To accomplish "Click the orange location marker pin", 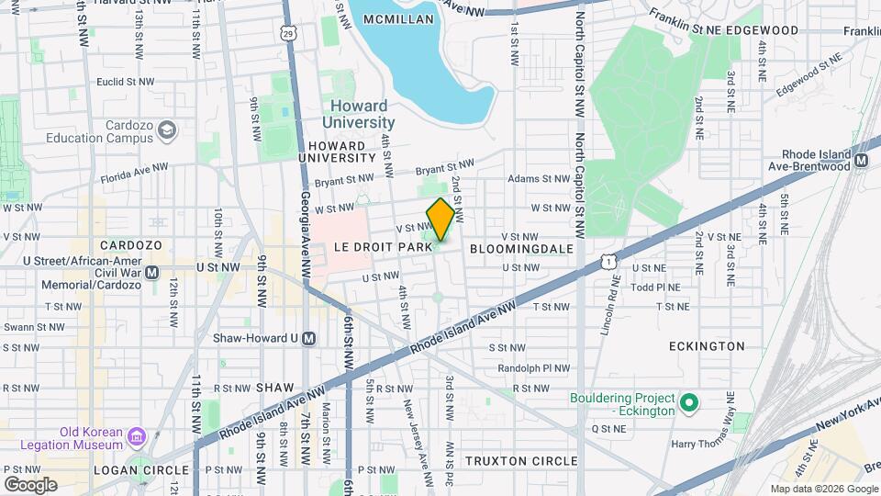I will [440, 219].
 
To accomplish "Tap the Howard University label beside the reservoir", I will [359, 114].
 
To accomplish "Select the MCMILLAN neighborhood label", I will [397, 19].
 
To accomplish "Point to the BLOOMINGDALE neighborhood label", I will [521, 249].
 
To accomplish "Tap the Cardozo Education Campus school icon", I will [167, 130].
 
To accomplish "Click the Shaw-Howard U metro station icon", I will [309, 338].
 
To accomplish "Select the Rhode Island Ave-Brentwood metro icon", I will [862, 161].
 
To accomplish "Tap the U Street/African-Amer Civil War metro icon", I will [152, 272].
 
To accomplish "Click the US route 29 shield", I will [288, 34].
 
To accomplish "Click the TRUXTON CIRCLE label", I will [521, 461].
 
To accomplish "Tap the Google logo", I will [30, 484].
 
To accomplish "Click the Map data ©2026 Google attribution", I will [823, 489].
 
